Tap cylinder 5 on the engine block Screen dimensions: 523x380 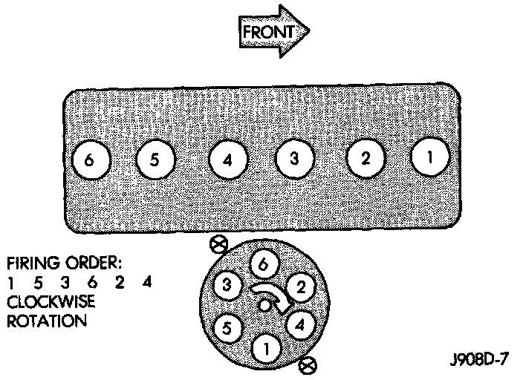pyautogui.click(x=155, y=160)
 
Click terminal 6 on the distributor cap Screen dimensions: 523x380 pyautogui.click(x=263, y=262)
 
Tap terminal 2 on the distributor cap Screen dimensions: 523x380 pyautogui.click(x=299, y=286)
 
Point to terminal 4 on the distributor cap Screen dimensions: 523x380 pyautogui.click(x=299, y=324)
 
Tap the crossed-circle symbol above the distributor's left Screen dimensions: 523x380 pyautogui.click(x=218, y=243)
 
